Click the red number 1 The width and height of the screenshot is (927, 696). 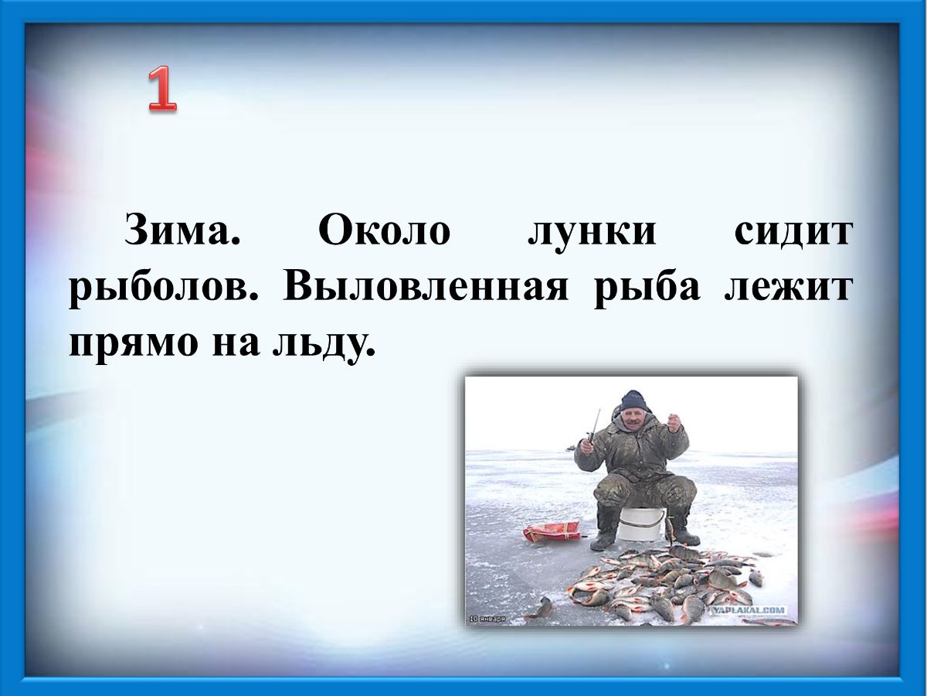coord(162,90)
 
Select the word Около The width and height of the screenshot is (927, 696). coord(383,230)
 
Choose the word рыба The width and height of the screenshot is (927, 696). coord(647,288)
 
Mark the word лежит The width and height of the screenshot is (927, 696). coord(789,288)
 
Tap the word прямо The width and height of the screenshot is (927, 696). coord(134,342)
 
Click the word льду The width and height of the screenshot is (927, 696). coord(324,343)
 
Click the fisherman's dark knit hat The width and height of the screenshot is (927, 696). coord(633,400)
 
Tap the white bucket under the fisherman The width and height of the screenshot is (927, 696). coord(640,524)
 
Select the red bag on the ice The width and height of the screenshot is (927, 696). coord(552,531)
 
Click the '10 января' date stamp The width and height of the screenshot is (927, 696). coord(487,619)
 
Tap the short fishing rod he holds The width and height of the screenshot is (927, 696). coord(593,425)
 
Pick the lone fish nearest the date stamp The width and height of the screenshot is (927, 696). coord(541,608)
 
